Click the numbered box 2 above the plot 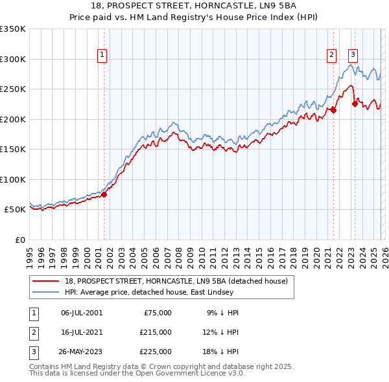click(x=332, y=55)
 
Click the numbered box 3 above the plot click(x=353, y=55)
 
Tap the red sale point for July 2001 click(x=104, y=195)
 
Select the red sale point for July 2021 click(x=333, y=110)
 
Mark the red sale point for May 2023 click(x=355, y=104)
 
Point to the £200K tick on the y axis click(x=13, y=119)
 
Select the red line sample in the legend click(x=47, y=280)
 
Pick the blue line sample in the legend click(x=47, y=292)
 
